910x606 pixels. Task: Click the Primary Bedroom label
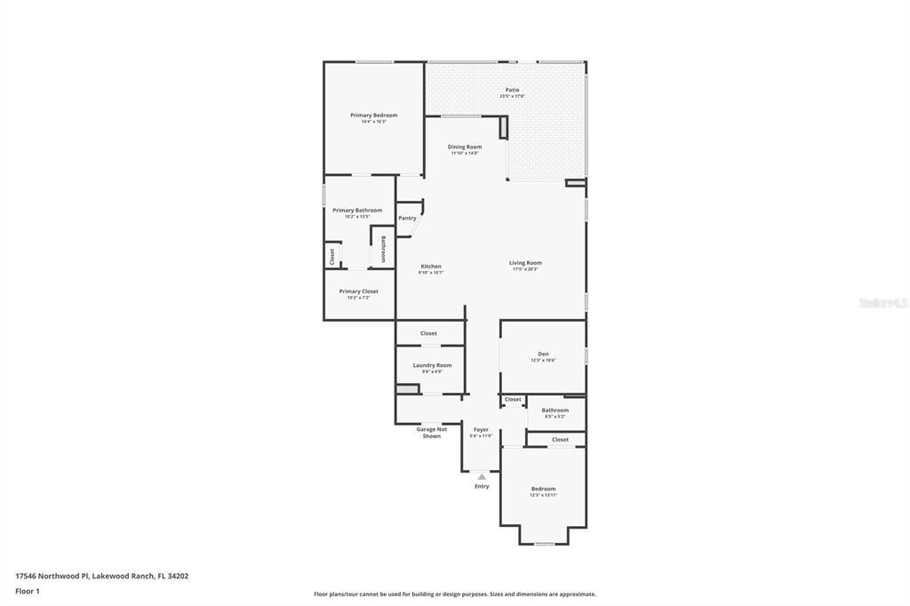tap(373, 116)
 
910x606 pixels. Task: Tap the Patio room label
tap(512, 90)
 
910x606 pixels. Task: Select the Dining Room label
tap(464, 147)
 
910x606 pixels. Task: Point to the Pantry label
tap(407, 218)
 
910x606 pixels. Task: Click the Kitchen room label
tap(430, 267)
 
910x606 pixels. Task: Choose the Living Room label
tap(525, 263)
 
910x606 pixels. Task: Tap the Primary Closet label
tap(358, 291)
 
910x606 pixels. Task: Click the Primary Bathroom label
tap(357, 211)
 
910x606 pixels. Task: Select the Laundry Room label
tap(432, 365)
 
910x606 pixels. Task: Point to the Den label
tap(543, 354)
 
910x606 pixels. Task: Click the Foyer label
tap(481, 430)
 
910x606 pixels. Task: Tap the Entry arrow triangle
tap(482, 477)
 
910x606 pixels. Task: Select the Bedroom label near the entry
tap(543, 489)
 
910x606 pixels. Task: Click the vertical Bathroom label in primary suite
tap(383, 248)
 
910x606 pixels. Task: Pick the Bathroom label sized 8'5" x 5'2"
tap(555, 411)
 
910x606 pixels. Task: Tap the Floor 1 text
tap(28, 590)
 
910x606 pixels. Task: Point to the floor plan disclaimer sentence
tap(454, 594)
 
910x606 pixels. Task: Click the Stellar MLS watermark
tap(882, 303)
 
